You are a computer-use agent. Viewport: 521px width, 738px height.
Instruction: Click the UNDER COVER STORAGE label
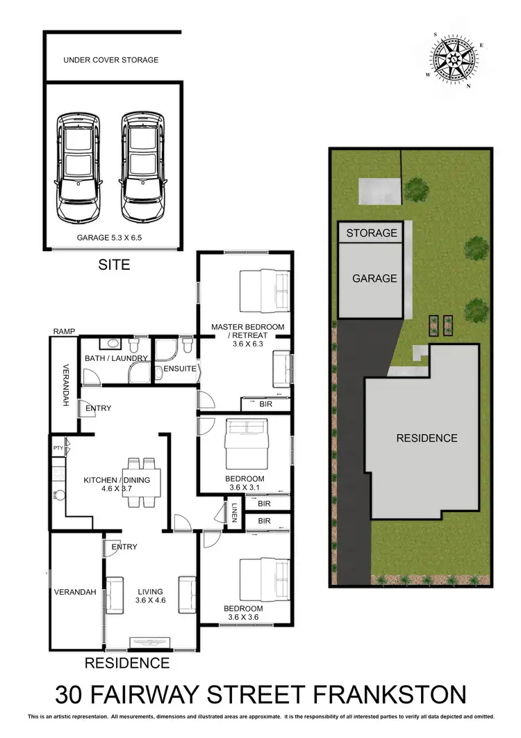[111, 60]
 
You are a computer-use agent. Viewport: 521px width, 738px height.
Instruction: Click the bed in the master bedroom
[264, 291]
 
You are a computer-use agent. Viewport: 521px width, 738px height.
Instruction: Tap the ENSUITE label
[180, 369]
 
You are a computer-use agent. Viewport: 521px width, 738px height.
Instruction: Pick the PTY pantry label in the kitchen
[58, 448]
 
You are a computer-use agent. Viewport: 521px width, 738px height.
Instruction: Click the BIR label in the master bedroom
[264, 403]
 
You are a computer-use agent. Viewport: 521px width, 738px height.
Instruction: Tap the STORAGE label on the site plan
[372, 232]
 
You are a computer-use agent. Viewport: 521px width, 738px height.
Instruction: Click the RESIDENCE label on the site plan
[427, 438]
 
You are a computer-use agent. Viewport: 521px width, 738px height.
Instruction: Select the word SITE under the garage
[114, 265]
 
